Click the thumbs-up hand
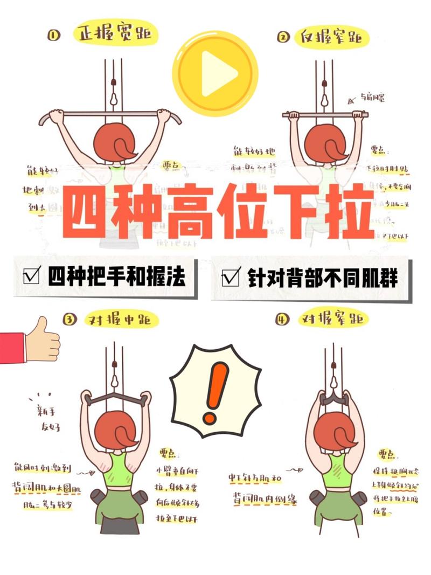(x=42, y=340)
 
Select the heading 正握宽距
(x=115, y=35)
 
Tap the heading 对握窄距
(x=334, y=320)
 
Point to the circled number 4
(x=282, y=320)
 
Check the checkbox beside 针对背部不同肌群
(x=231, y=278)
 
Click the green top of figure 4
(x=334, y=468)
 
